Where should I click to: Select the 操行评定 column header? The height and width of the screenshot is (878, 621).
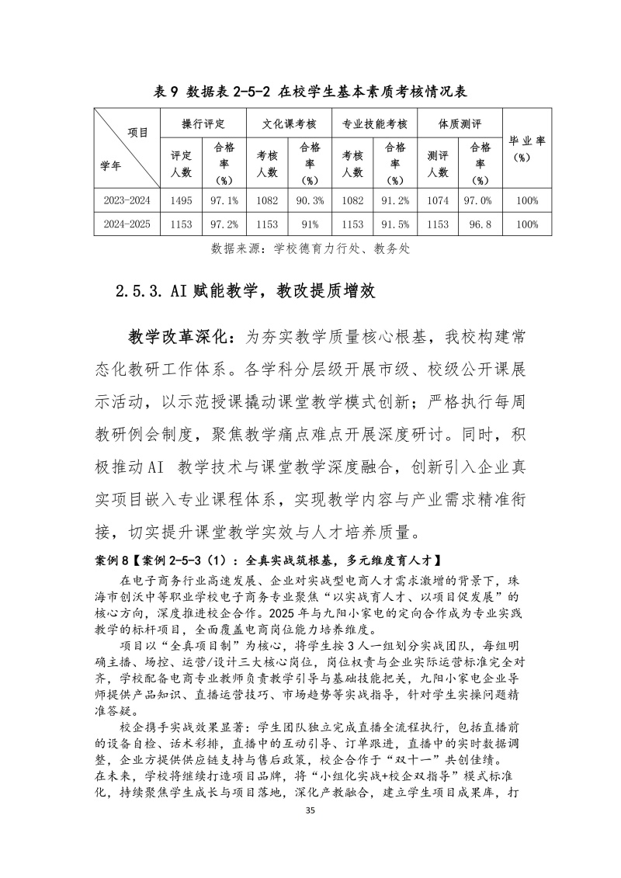coord(203,123)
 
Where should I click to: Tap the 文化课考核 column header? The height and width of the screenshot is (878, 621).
coord(287,123)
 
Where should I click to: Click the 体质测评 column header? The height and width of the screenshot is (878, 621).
coord(460,123)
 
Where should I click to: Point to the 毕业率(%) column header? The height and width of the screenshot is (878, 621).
coord(527,148)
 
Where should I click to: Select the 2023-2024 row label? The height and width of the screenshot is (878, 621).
coord(126,200)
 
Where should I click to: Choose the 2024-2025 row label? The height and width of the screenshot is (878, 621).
coord(126,224)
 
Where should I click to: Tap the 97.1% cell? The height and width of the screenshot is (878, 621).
coord(224,200)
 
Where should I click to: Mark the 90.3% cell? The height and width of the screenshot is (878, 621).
coord(310,200)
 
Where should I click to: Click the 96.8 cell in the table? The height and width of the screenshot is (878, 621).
coord(481,224)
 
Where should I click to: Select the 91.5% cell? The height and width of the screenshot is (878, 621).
coord(396,224)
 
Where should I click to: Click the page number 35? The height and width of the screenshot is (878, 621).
coord(310,831)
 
